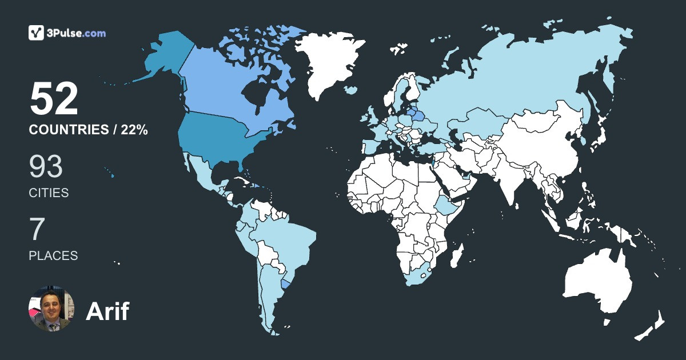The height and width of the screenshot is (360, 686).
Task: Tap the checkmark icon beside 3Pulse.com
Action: [x=37, y=33]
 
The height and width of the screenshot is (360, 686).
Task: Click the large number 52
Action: [x=54, y=99]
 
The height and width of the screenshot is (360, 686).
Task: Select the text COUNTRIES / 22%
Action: [x=89, y=130]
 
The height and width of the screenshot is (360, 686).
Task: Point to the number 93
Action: [x=46, y=167]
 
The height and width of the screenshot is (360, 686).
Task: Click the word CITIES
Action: [x=49, y=193]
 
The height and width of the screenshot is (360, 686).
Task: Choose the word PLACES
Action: [x=53, y=255]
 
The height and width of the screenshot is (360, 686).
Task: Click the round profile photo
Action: [x=51, y=309]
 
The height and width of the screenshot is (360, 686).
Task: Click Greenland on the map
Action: [x=329, y=63]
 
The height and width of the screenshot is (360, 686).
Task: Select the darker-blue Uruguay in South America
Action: [x=286, y=283]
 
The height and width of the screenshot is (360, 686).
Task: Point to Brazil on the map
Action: [x=286, y=240]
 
